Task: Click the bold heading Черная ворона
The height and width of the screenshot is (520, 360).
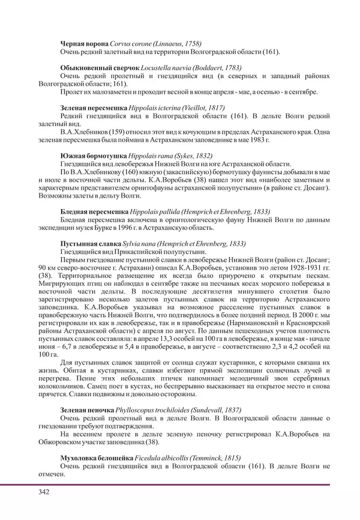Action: coord(85,44)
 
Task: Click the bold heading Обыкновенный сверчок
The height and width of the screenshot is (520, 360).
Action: coord(100,68)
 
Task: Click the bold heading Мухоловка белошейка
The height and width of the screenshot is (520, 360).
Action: coord(100,458)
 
